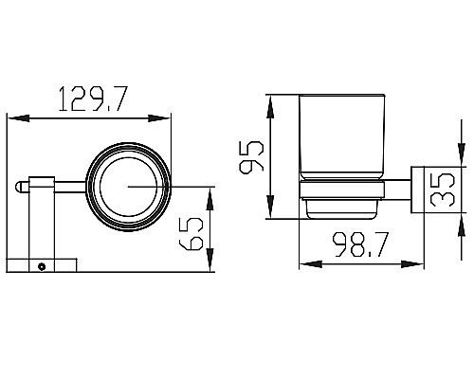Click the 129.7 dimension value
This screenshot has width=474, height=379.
(x=93, y=99)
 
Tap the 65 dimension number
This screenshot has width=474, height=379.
(x=191, y=234)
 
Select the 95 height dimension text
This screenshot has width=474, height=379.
(x=251, y=157)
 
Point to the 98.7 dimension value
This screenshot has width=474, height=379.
(x=360, y=244)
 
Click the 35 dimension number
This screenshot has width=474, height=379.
(x=443, y=189)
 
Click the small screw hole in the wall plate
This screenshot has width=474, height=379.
(x=41, y=266)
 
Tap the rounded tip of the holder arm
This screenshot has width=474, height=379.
(x=17, y=187)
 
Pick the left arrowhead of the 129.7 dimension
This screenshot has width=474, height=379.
(x=19, y=118)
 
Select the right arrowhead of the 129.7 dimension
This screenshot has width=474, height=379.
(x=159, y=118)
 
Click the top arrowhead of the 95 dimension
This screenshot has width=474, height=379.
(x=270, y=107)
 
